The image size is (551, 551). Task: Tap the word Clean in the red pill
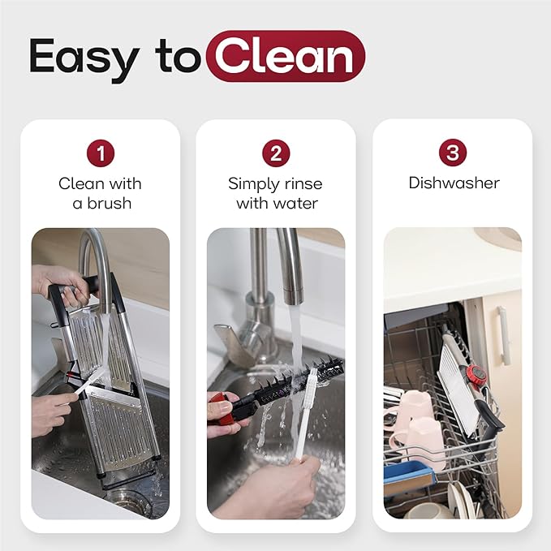click(x=285, y=56)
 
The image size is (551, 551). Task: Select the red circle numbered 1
click(x=101, y=153)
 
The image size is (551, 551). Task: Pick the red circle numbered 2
click(x=276, y=153)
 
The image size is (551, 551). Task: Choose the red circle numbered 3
click(x=453, y=153)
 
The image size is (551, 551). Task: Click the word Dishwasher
click(x=454, y=183)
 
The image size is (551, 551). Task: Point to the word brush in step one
click(x=110, y=203)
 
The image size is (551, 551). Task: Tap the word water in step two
click(x=298, y=203)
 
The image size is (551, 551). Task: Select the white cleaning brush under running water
click(x=305, y=415)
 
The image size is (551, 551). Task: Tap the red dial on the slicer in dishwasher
click(x=476, y=375)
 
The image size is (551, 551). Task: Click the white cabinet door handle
click(x=504, y=335)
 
